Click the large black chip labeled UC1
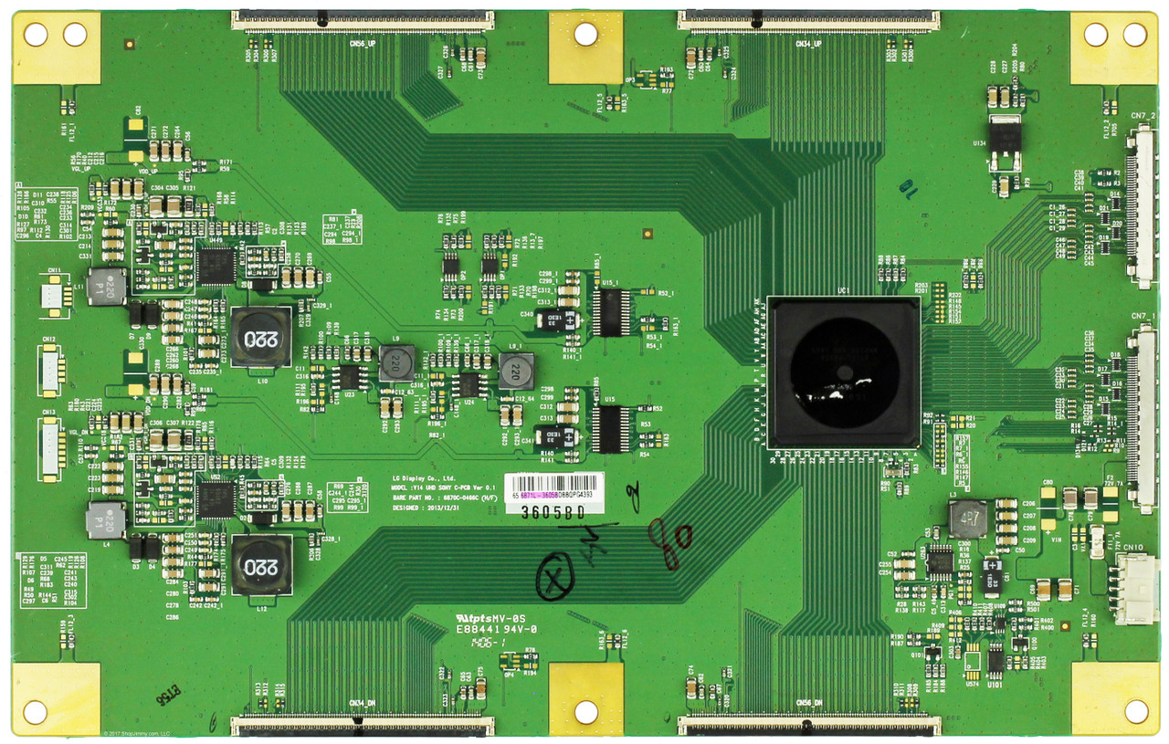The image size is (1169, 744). point(844,372)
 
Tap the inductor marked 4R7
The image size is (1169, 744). point(967,518)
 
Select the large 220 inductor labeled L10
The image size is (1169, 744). point(260,336)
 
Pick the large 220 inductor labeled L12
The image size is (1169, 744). point(260,564)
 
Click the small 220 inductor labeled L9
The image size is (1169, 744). point(396,362)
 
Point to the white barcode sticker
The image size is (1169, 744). point(554,486)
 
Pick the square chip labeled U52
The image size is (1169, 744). point(216,499)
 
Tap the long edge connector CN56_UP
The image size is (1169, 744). point(363,19)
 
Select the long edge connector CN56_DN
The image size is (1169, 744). point(808,726)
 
